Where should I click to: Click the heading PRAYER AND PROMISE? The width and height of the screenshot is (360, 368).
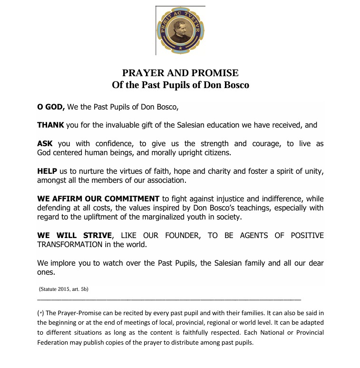(x=180, y=73)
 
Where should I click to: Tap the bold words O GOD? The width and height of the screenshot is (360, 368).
(x=51, y=107)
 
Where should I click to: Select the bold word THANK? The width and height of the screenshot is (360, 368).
(x=50, y=126)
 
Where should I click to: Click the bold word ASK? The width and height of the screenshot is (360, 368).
(x=45, y=144)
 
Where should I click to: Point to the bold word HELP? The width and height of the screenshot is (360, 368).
(x=47, y=171)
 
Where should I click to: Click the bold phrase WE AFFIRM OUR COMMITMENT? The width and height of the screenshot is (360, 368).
(x=98, y=199)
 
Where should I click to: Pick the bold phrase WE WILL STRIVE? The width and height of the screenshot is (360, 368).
(x=75, y=236)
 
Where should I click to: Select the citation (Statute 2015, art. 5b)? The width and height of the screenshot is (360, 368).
(x=64, y=289)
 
